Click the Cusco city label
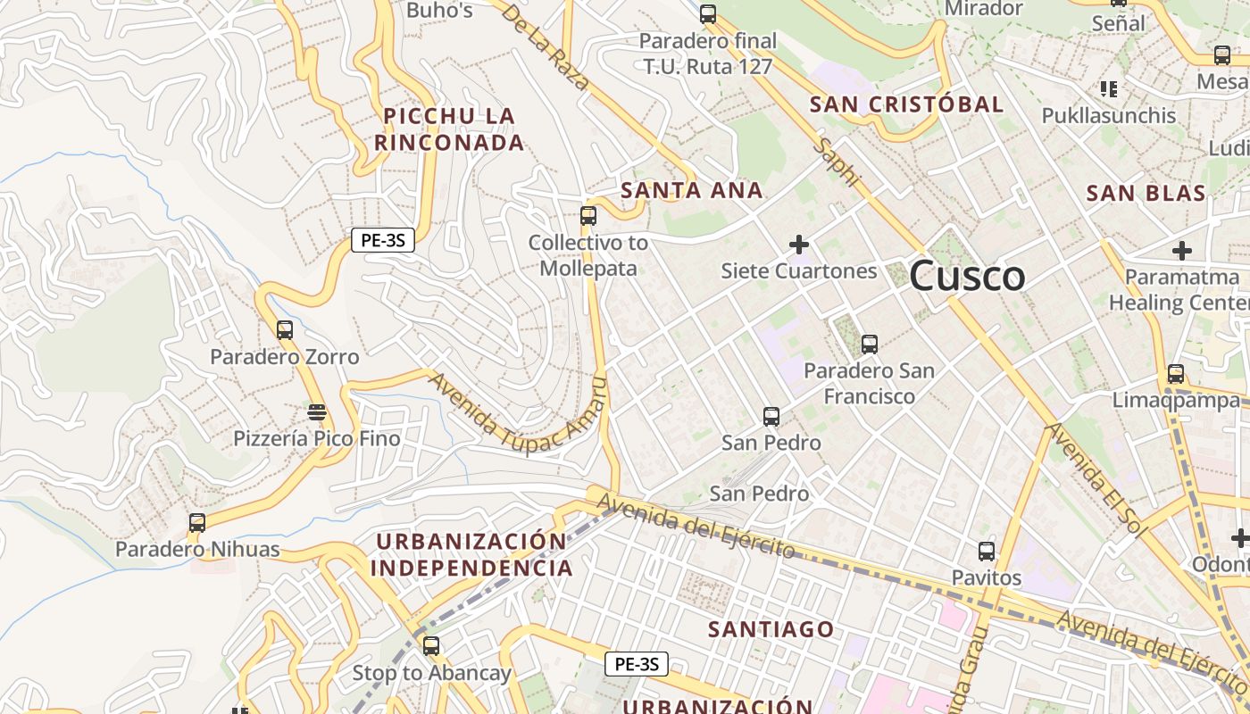[967, 276]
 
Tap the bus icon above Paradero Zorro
[284, 330]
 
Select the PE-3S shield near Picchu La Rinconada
[383, 239]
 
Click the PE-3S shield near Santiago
[637, 664]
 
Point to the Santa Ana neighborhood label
[692, 190]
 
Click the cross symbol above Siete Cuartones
[799, 244]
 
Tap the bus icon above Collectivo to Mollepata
[587, 215]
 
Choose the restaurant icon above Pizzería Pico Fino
[316, 412]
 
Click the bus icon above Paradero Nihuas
[196, 523]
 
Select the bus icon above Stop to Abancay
[431, 646]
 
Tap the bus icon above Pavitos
[986, 552]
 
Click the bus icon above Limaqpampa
[1176, 374]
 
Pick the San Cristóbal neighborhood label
[906, 104]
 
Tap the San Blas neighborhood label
[1146, 193]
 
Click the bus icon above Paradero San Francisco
[869, 344]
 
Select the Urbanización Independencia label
[471, 554]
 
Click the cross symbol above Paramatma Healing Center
[1182, 251]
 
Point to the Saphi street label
[839, 162]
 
